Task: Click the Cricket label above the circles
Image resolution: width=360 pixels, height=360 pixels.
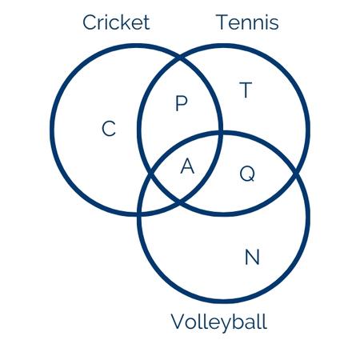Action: (x=116, y=22)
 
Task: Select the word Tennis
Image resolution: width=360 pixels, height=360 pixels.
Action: (x=248, y=22)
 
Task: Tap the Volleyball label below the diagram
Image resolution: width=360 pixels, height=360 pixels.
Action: (x=219, y=322)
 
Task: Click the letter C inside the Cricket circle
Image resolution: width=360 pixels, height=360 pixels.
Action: (x=109, y=129)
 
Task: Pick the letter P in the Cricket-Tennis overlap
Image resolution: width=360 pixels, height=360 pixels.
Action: (x=182, y=103)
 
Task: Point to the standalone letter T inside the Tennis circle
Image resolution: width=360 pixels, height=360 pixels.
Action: (x=246, y=90)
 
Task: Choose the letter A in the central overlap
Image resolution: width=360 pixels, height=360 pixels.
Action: (x=187, y=166)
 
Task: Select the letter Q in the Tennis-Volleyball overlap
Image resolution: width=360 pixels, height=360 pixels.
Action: (x=247, y=174)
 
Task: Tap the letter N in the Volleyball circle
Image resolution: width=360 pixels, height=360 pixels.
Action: (x=252, y=257)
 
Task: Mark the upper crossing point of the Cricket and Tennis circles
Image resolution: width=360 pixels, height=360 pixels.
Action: (x=181, y=58)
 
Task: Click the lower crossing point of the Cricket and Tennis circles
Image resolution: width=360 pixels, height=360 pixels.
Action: (x=180, y=202)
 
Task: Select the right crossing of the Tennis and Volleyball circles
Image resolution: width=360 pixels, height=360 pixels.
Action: (x=296, y=174)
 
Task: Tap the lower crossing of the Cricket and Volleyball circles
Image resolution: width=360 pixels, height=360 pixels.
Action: (x=139, y=213)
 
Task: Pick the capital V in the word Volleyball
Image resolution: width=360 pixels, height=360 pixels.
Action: (x=178, y=322)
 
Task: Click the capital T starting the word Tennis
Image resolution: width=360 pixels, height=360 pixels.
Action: (x=222, y=22)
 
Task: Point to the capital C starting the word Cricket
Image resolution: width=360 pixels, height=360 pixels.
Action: (x=90, y=22)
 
